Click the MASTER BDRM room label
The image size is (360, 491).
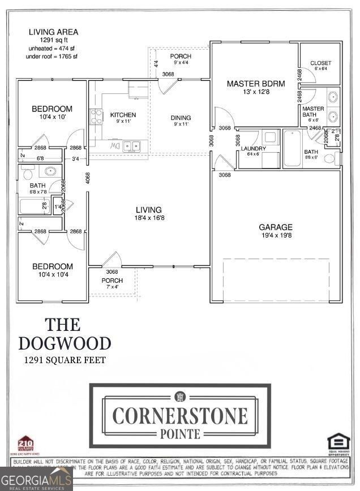(x=255, y=84)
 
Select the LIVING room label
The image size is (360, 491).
(x=148, y=210)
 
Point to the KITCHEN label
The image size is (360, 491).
(x=123, y=115)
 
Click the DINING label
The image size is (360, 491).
(x=181, y=118)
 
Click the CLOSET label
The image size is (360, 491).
(x=321, y=63)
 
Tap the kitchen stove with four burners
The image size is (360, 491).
(x=97, y=117)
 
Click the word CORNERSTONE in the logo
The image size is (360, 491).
(x=180, y=416)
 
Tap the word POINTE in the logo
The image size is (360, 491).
(x=180, y=434)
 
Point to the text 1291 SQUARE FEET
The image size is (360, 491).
(x=65, y=360)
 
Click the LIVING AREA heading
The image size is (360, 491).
(x=54, y=32)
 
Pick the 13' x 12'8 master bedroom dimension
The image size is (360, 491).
(x=255, y=92)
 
